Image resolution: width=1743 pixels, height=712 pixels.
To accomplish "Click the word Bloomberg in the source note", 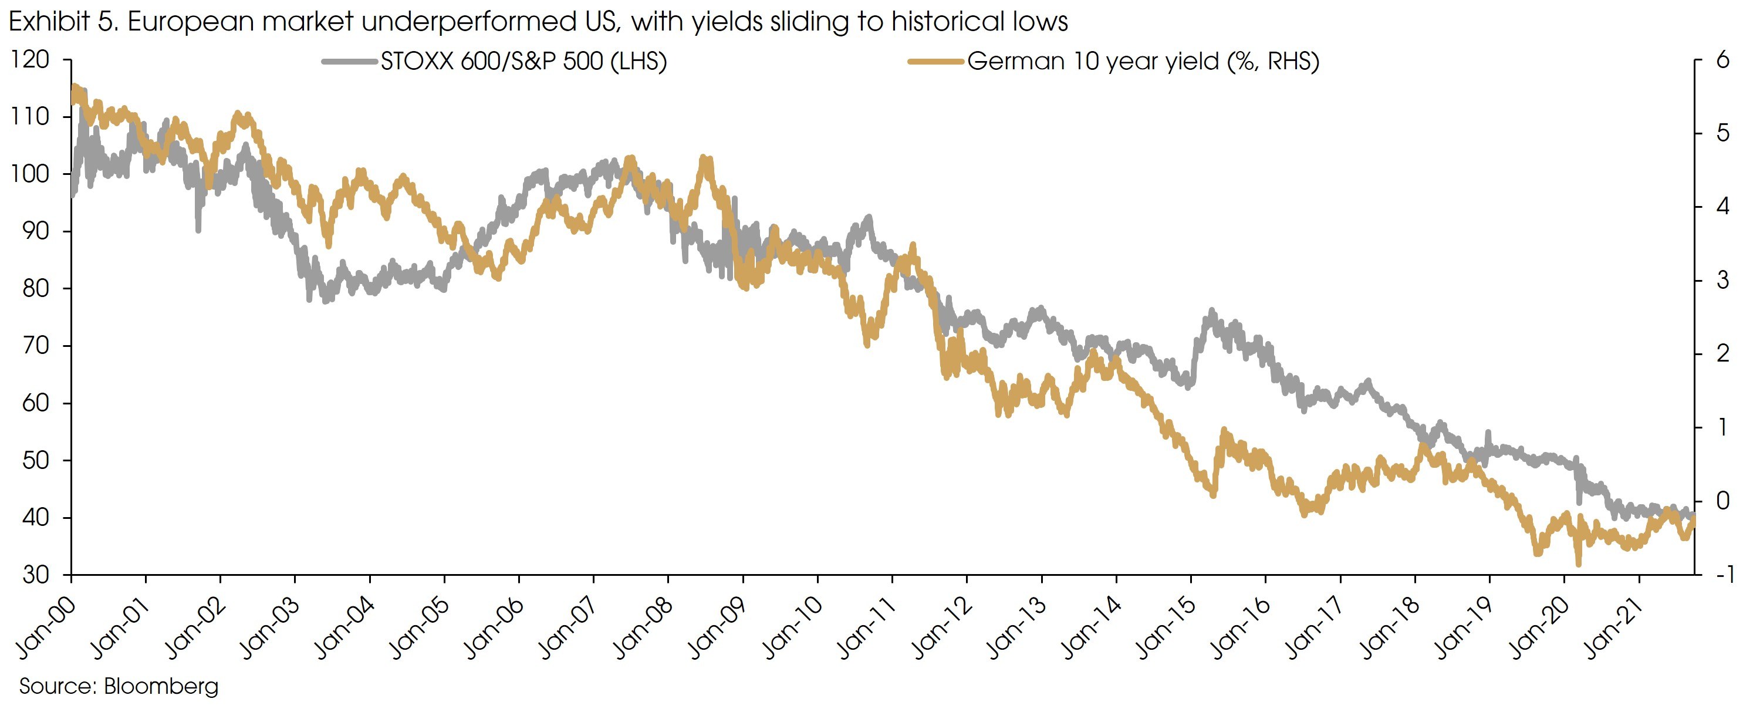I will pyautogui.click(x=161, y=686).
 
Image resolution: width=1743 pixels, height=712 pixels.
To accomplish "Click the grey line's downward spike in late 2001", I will pyautogui.click(x=198, y=230).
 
